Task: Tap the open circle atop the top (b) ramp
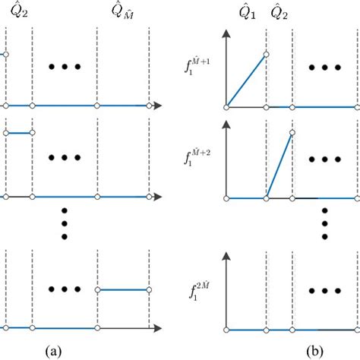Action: tap(266, 54)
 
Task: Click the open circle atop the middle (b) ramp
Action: tap(292, 133)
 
